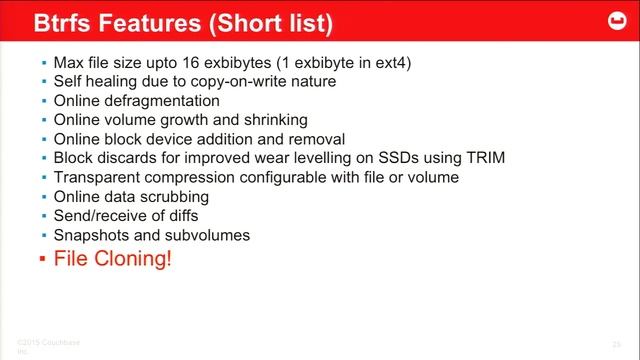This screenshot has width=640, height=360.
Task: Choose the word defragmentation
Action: tap(160, 101)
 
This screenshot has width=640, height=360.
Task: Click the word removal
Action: tap(316, 139)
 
